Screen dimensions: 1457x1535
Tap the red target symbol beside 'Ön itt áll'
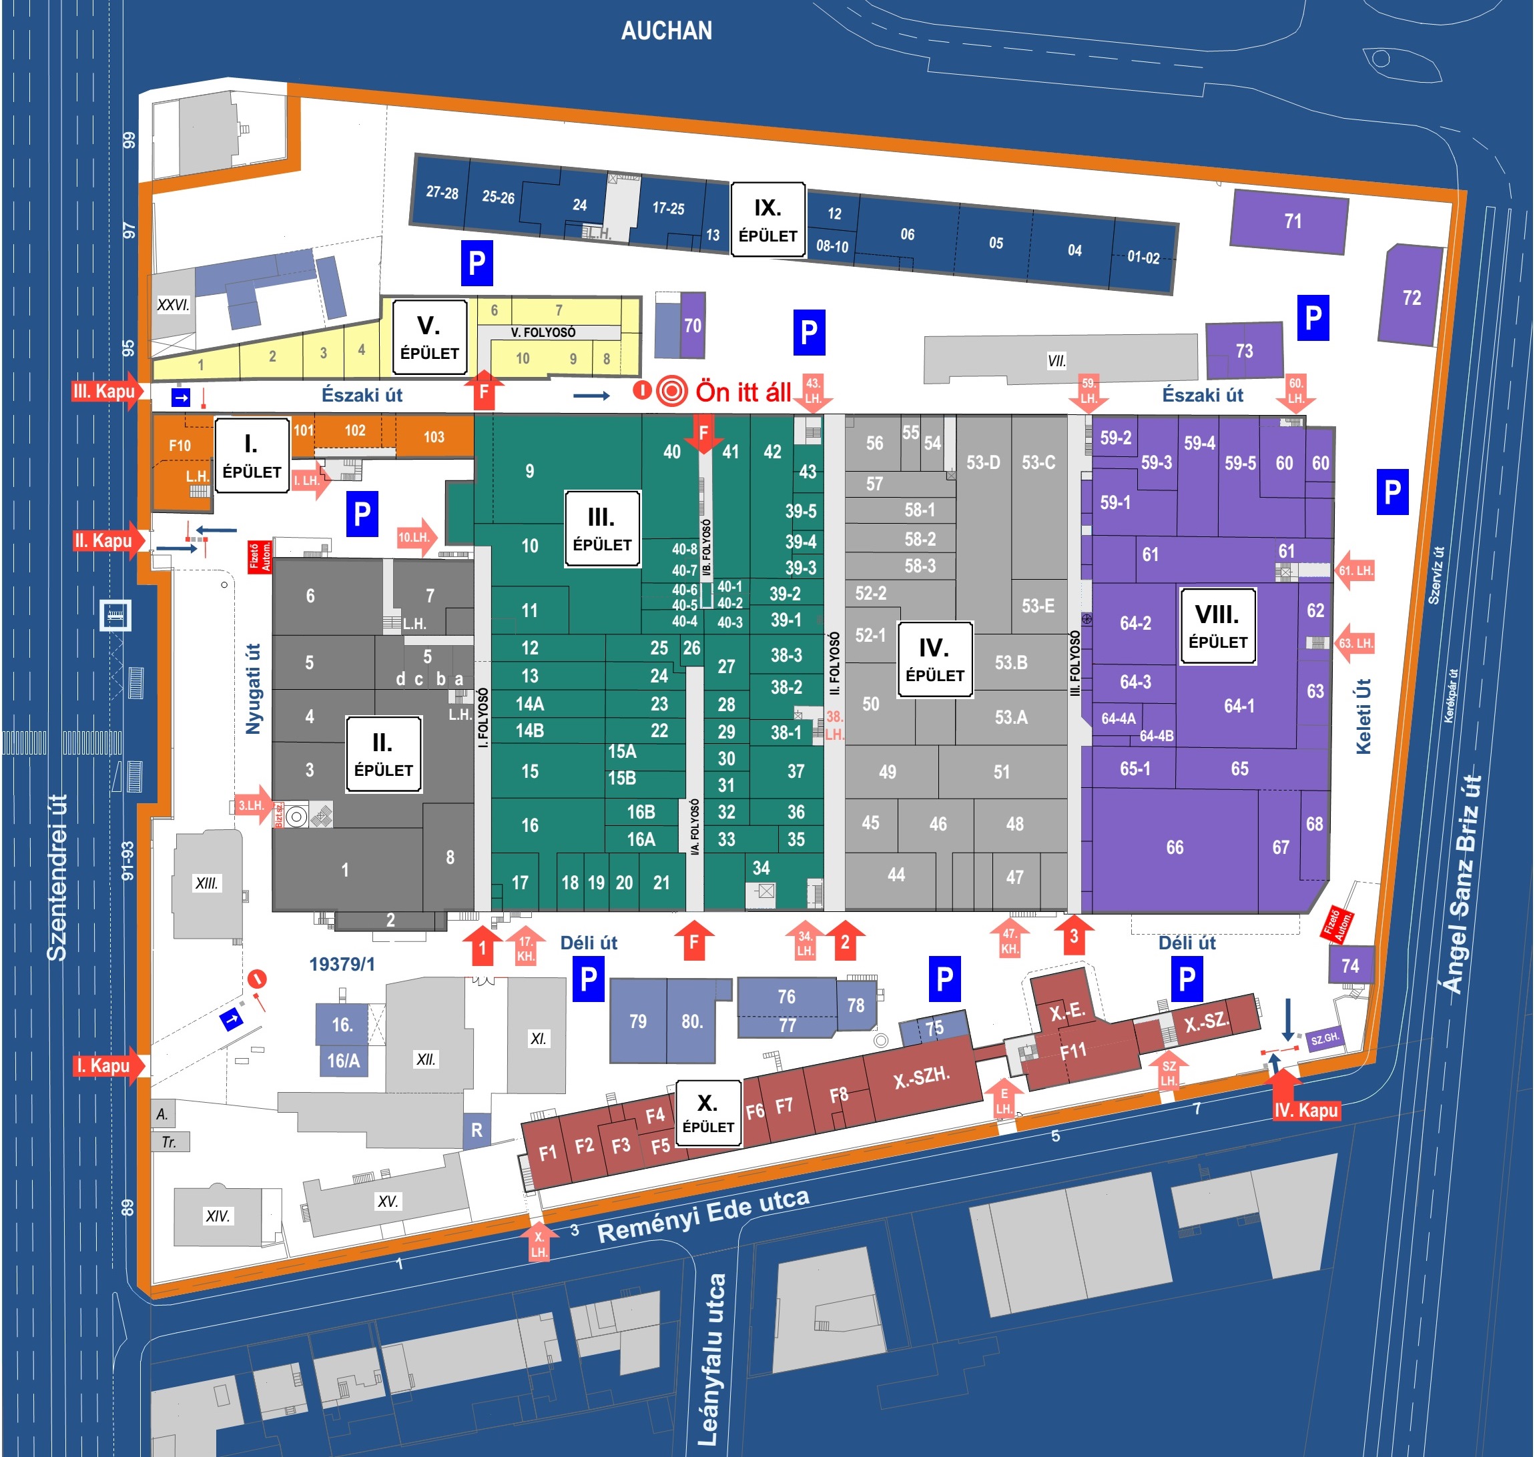tap(671, 391)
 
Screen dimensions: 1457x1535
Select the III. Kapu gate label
tap(104, 391)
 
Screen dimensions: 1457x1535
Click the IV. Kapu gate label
tap(1306, 1110)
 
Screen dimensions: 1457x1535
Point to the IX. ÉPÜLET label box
tap(767, 219)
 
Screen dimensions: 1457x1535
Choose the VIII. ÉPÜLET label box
tap(1217, 626)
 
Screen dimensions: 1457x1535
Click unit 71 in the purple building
tap(1293, 221)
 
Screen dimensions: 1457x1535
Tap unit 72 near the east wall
tap(1412, 298)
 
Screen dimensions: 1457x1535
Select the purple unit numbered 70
tap(692, 326)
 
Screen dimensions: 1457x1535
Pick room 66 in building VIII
tap(1175, 847)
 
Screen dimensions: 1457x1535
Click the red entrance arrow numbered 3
tap(1074, 935)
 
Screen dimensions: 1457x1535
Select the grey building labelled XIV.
tap(218, 1216)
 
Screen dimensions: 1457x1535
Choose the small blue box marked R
tap(477, 1130)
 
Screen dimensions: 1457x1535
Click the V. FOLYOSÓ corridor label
tap(543, 332)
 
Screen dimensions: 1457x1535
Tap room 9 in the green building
tap(529, 470)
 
